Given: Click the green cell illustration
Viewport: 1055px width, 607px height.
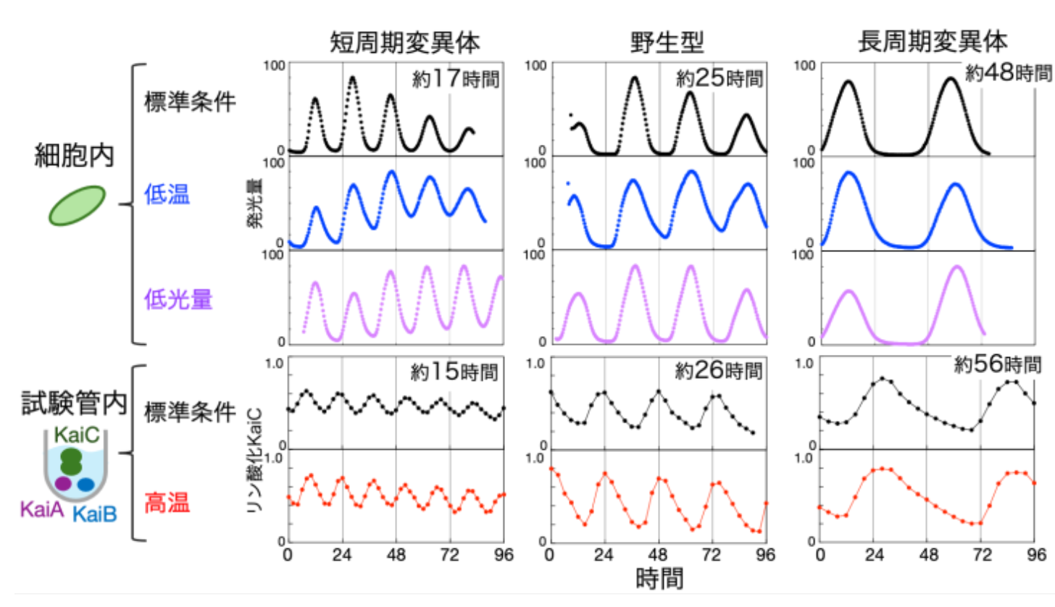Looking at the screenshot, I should (x=77, y=204).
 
